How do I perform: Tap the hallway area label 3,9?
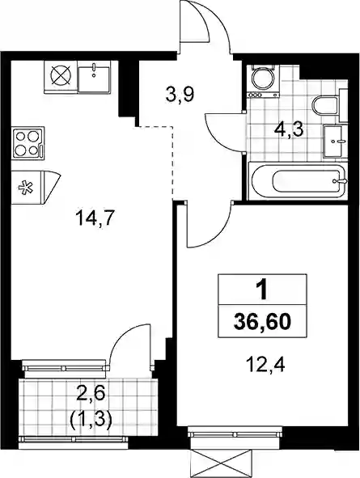click(x=180, y=95)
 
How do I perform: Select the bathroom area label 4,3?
click(x=288, y=131)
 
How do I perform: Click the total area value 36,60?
click(x=261, y=322)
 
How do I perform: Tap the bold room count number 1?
click(x=261, y=290)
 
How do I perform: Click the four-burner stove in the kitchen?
click(x=28, y=142)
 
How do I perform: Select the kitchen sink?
click(x=94, y=76)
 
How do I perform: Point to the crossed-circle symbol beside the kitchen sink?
click(x=61, y=76)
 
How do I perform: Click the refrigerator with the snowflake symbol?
click(x=36, y=188)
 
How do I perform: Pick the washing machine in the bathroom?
click(x=263, y=79)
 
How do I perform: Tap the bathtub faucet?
click(x=341, y=181)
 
